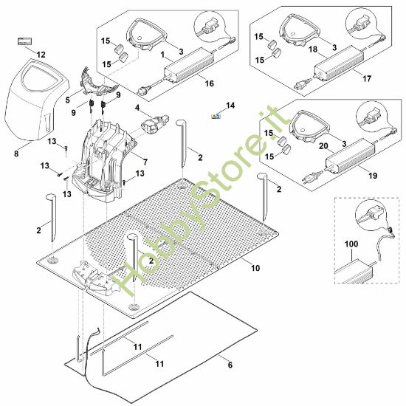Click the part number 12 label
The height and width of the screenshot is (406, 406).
(x=41, y=55)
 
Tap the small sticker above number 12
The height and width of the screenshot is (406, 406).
(x=24, y=41)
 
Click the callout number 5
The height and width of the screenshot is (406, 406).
(x=68, y=100)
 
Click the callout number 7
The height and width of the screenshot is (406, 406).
(x=145, y=162)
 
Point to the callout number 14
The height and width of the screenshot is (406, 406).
(x=230, y=106)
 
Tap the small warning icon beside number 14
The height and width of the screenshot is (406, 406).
(x=216, y=116)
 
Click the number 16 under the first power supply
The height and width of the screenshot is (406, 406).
(x=209, y=83)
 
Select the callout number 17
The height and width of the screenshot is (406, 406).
(x=367, y=78)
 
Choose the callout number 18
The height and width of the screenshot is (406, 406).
(x=313, y=49)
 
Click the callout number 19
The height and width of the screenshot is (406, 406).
(x=373, y=176)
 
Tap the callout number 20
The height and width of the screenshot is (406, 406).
(x=323, y=146)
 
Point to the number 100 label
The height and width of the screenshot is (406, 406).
(x=351, y=244)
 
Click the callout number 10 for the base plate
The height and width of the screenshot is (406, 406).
(x=255, y=268)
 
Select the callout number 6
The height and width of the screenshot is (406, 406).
(x=230, y=365)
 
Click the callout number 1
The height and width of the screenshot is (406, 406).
(x=162, y=55)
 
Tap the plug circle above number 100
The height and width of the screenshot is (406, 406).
(x=371, y=215)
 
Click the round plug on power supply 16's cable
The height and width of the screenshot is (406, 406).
(x=143, y=91)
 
